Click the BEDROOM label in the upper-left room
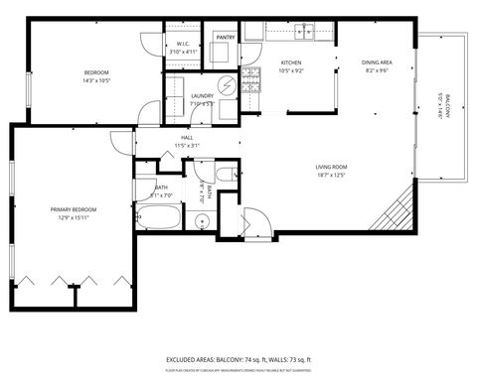tap(96, 72)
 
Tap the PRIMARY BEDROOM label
tap(74, 209)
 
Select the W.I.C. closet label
tap(184, 44)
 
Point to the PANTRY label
tap(224, 37)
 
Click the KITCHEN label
tap(291, 62)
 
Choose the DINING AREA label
tap(377, 62)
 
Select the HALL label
tap(187, 138)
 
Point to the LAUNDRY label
tap(202, 95)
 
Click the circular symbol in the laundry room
tap(227, 86)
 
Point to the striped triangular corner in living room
tap(395, 209)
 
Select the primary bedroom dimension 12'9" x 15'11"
tap(74, 218)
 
